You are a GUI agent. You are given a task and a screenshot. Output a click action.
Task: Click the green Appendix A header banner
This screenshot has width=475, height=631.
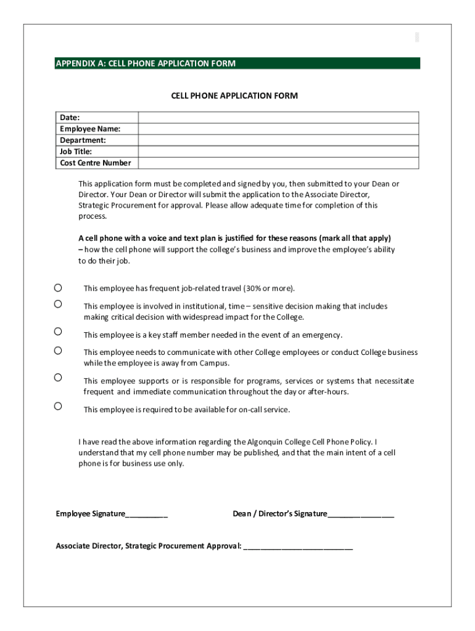(238, 63)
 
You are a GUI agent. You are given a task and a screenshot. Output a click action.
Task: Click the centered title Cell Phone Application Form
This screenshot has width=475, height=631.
(234, 96)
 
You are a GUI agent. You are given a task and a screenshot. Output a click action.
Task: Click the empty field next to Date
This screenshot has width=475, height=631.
(278, 118)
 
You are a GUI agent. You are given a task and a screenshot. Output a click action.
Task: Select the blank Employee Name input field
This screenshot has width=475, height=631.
(278, 129)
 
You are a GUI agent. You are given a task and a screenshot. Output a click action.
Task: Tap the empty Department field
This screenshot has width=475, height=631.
(278, 140)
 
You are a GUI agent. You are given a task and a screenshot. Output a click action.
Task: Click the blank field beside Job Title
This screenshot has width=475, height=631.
(278, 152)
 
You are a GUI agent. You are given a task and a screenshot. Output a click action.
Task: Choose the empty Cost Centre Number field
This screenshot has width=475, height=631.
(278, 163)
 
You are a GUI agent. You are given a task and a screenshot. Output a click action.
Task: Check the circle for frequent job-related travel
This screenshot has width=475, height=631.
(58, 288)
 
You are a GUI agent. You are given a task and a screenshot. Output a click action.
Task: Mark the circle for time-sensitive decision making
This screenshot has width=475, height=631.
(58, 304)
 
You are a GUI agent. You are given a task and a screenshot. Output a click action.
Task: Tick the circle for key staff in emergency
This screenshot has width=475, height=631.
(58, 332)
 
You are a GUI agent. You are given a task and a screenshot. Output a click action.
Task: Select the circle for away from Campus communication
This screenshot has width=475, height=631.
(58, 351)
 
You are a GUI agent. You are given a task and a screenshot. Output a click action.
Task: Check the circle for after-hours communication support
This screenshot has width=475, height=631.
(58, 377)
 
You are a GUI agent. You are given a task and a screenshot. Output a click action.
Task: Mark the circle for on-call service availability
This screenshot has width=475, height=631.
(58, 406)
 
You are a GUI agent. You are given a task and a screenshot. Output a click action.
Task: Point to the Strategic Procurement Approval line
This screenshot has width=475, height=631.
(299, 547)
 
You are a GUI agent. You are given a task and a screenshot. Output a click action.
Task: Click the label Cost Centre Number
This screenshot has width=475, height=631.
(95, 163)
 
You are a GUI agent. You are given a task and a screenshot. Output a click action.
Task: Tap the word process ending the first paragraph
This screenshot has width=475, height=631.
(92, 216)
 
